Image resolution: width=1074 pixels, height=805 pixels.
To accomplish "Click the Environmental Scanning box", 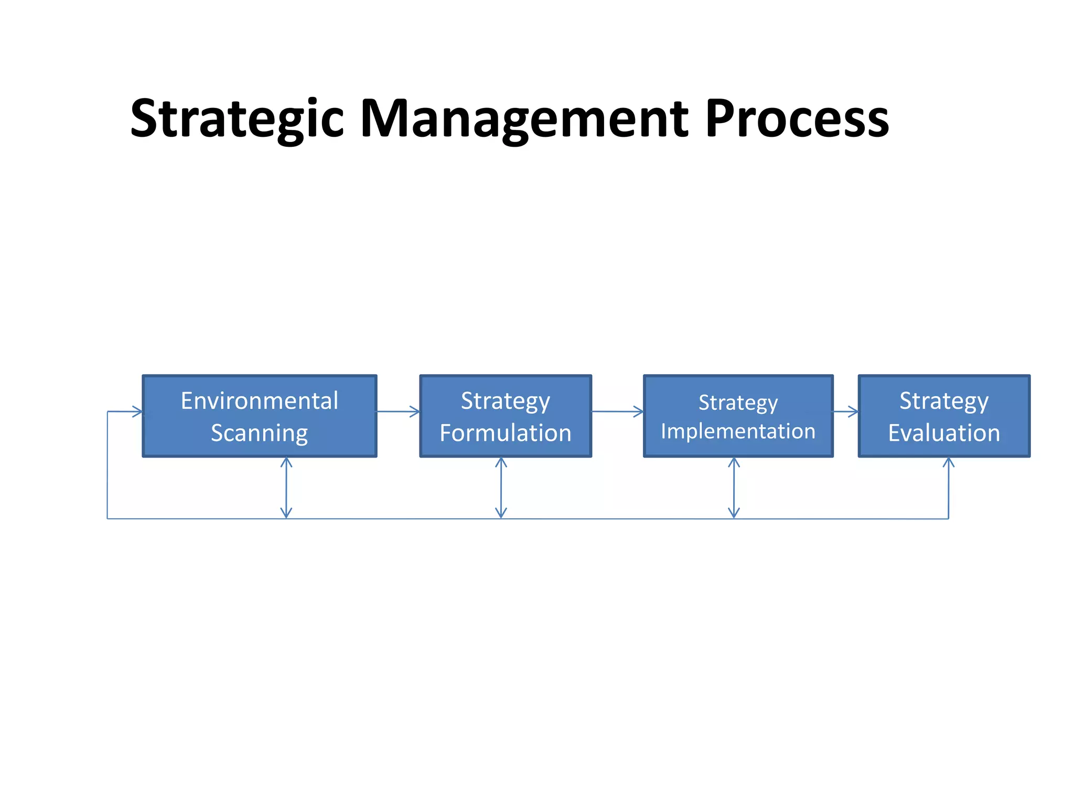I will pos(260,416).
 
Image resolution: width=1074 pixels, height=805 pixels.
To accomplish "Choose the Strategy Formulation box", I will pos(506,416).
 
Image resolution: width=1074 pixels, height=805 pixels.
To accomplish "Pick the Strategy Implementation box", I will pos(738,416).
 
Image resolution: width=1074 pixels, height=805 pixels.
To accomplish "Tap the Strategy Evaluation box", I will pos(944,416).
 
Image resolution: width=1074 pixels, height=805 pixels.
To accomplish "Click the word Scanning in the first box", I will pos(260,433).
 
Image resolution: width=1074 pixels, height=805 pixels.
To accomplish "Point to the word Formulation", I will pos(506,433).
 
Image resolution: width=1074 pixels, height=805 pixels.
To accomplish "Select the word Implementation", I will pos(738,431).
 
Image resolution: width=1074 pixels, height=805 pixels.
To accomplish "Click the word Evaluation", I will pos(944,433).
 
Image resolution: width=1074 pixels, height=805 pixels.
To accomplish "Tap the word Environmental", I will pos(260,401).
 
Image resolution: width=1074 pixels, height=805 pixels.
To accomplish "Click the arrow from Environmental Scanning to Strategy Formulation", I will pos(398,411).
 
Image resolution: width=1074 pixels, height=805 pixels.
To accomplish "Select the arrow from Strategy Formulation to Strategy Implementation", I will pos(617,411).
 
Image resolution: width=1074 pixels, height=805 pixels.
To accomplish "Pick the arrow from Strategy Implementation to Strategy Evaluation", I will pos(845,411).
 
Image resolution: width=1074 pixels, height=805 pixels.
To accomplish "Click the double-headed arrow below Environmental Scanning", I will pos(286,488).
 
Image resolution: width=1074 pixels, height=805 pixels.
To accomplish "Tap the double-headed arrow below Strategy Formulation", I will pos(501,488).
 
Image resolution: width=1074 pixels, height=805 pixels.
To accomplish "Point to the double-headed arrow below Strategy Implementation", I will pos(734,488).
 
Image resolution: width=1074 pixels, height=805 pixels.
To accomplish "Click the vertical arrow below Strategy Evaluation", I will pos(948,488).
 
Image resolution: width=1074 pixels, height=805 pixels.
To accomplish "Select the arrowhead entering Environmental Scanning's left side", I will pos(137,411).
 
